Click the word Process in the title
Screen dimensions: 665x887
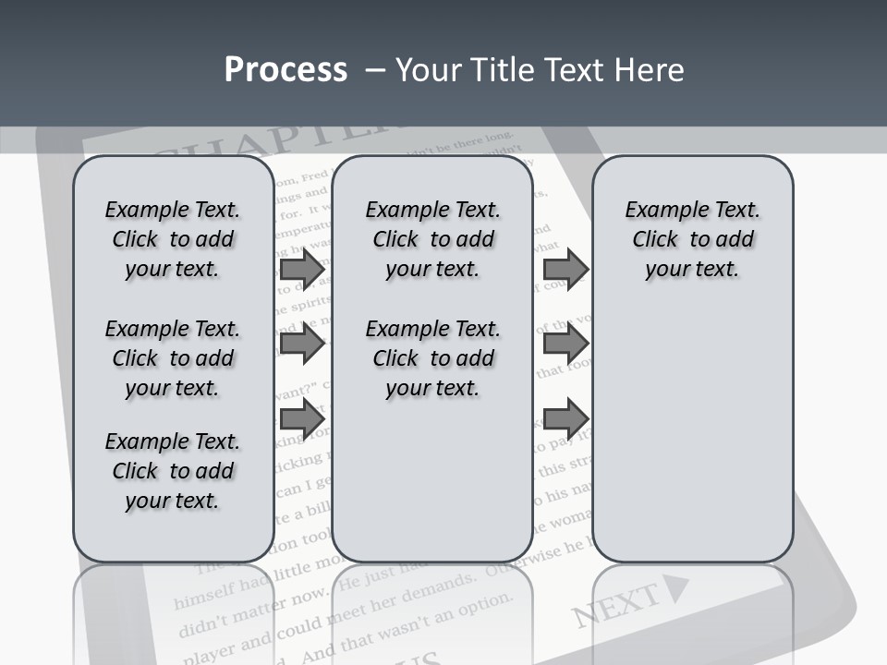click(286, 70)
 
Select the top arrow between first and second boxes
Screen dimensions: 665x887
click(302, 269)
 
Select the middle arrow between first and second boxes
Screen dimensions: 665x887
click(302, 344)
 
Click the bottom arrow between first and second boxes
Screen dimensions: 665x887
click(302, 418)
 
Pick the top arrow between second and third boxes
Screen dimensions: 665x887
click(565, 269)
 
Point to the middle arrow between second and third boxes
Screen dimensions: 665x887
click(565, 344)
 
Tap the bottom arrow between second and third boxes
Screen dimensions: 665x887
click(565, 418)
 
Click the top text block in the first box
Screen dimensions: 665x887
click(173, 239)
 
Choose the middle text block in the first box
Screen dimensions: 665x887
click(173, 358)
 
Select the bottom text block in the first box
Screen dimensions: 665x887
click(173, 471)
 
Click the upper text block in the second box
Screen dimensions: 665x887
click(432, 239)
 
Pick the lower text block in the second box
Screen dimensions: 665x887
click(432, 358)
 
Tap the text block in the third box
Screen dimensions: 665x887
click(692, 239)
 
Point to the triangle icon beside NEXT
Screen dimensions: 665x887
click(677, 587)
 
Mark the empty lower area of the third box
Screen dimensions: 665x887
click(692, 434)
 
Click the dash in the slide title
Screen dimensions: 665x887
click(375, 70)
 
